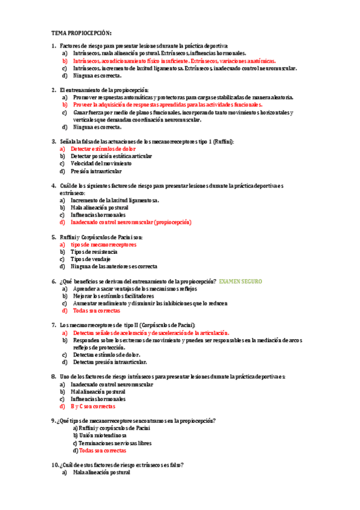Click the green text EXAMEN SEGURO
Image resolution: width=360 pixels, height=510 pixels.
point(240,281)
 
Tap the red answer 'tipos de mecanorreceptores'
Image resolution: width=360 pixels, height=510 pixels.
point(103,245)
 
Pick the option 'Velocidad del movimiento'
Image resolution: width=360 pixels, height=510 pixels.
point(102,163)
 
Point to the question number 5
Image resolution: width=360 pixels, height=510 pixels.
point(53,237)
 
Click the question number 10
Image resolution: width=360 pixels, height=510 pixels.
point(55,465)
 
